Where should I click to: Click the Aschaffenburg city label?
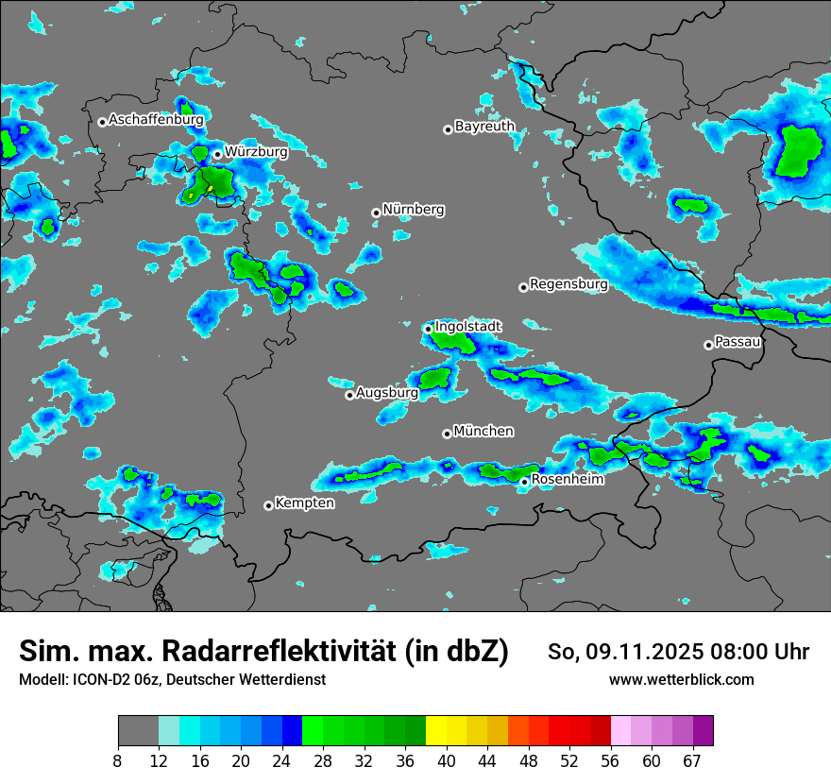coord(156,120)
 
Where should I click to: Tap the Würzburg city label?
coord(256,151)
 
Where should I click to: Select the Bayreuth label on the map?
coord(484,126)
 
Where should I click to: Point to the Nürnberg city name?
coord(414,210)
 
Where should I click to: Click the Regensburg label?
coord(568,283)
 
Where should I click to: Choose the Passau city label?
coord(738,342)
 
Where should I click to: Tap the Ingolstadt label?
coord(467,326)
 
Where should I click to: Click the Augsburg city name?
coord(387,392)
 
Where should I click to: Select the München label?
coord(483,432)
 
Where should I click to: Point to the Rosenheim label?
coord(567,480)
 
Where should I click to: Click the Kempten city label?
coord(304,503)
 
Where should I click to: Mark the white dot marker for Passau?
coord(708,345)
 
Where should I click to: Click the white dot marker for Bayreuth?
coord(448,129)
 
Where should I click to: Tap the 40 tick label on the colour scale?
coord(447,760)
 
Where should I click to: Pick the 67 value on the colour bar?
coord(692,760)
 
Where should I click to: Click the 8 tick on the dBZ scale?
coord(118,760)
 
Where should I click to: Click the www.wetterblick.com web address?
coord(681,680)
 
